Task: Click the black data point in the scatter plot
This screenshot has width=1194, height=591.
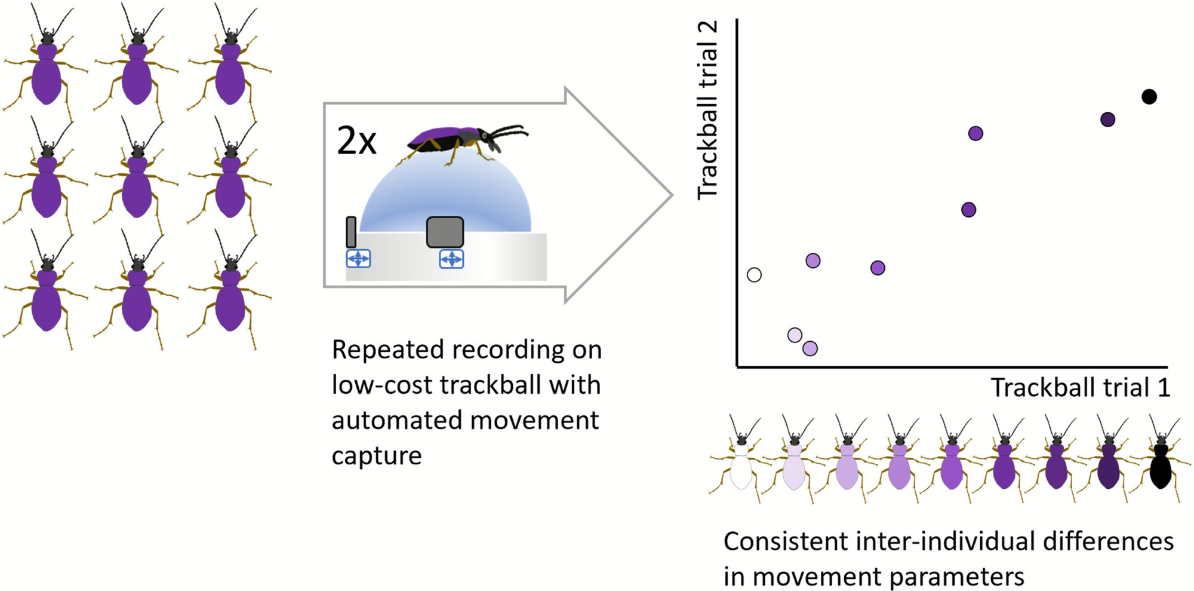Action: click(x=1149, y=96)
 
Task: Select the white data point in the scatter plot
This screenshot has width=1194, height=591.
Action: click(x=754, y=275)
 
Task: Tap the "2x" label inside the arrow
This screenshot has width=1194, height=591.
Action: click(x=356, y=142)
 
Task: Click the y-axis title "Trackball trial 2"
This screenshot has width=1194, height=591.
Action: click(x=707, y=110)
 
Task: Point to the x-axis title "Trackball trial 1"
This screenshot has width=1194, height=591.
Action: click(x=1080, y=388)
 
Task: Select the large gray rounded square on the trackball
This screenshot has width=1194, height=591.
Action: click(x=445, y=232)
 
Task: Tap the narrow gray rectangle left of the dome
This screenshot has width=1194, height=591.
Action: click(x=351, y=232)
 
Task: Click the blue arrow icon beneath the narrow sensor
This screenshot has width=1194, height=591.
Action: click(x=358, y=259)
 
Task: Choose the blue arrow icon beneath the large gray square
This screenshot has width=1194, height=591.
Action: click(x=451, y=259)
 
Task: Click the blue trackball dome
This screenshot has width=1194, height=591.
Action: click(x=445, y=191)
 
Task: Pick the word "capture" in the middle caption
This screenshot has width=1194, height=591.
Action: click(x=377, y=457)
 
